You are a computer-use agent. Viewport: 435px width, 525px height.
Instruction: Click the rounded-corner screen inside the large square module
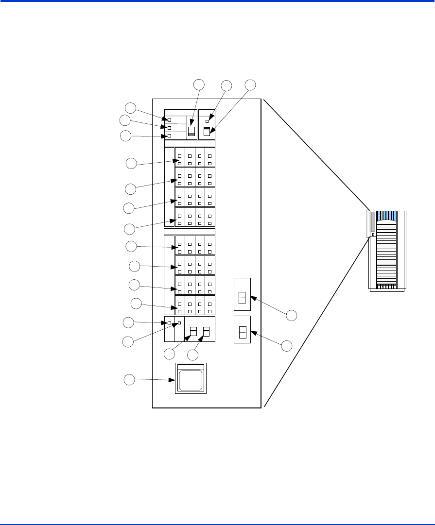(190, 379)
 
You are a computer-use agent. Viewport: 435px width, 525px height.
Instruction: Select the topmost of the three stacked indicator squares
(169, 119)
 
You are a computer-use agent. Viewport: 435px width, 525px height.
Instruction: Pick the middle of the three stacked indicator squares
(169, 128)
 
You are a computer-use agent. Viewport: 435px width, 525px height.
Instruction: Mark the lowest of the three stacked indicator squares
(169, 136)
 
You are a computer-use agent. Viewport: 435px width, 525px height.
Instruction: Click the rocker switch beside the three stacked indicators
(191, 131)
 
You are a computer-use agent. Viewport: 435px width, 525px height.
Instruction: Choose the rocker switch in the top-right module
(207, 131)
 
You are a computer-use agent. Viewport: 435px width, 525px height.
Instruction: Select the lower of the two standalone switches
(242, 333)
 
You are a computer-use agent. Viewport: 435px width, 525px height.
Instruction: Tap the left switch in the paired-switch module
(193, 331)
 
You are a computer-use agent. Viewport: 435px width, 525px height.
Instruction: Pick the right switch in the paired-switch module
(206, 331)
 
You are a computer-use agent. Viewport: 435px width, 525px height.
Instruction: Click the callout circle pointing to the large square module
(129, 380)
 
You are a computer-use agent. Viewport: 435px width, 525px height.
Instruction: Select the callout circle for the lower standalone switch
(287, 345)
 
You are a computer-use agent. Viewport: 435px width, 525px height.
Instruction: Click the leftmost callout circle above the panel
(199, 85)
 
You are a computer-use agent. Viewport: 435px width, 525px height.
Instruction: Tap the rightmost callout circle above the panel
(250, 85)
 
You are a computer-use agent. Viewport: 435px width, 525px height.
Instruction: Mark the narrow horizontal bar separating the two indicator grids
(190, 231)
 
